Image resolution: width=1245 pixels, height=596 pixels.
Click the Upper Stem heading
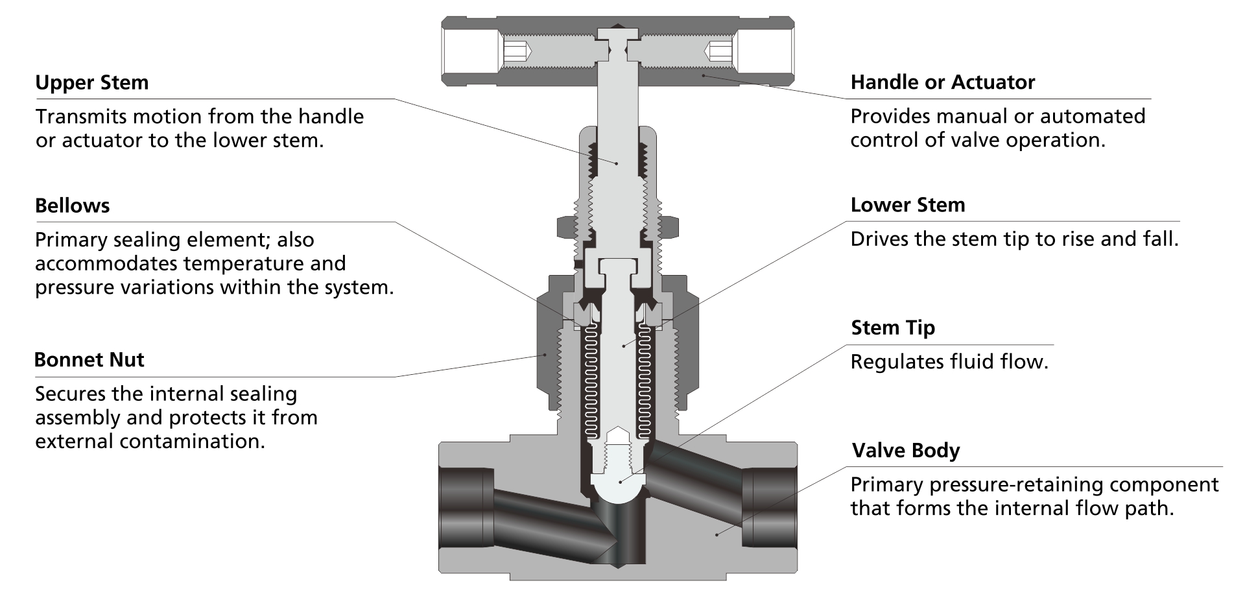(91, 82)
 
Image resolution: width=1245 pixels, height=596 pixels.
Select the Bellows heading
(72, 206)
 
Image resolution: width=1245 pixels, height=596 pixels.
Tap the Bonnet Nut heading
(89, 359)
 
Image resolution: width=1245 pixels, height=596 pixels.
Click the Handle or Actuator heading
(942, 82)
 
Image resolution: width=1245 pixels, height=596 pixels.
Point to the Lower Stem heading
(907, 205)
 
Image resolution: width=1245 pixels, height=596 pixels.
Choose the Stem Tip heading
(893, 328)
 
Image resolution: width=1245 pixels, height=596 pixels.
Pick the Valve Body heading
(905, 450)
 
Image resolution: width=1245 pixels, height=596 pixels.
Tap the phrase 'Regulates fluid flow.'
(949, 361)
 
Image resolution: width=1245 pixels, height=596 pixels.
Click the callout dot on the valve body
(717, 534)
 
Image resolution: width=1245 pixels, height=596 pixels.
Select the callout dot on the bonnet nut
(545, 354)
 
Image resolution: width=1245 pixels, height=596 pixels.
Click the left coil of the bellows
(591, 383)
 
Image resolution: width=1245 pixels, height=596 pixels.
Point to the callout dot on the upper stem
(617, 163)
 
